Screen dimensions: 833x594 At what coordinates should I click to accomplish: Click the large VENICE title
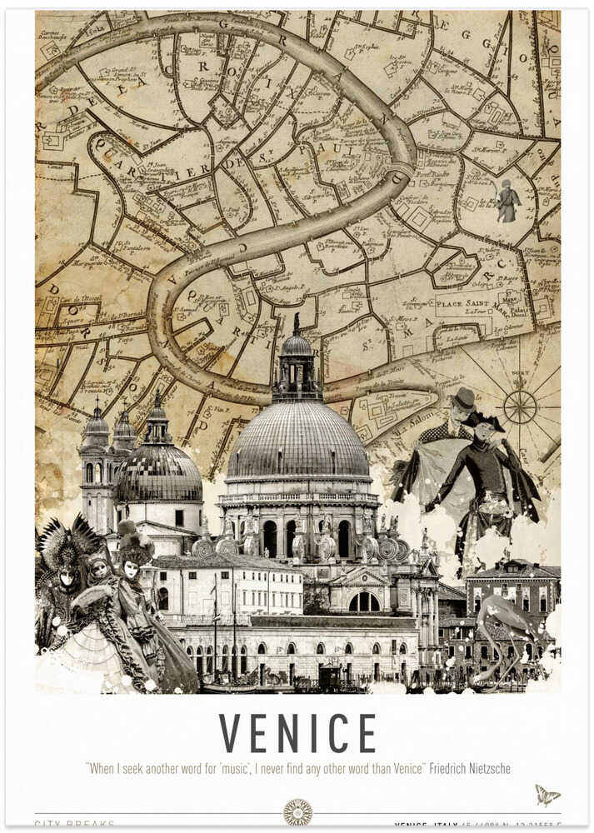coord(297,733)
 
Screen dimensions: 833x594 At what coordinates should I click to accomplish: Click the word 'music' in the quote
coord(235,769)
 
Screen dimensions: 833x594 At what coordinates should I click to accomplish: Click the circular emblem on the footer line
coord(297,812)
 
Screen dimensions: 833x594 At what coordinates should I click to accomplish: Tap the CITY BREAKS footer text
coord(75,824)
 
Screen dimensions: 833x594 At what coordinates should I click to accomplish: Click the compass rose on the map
coord(520,407)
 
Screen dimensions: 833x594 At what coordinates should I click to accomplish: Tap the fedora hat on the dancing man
coord(463,398)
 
